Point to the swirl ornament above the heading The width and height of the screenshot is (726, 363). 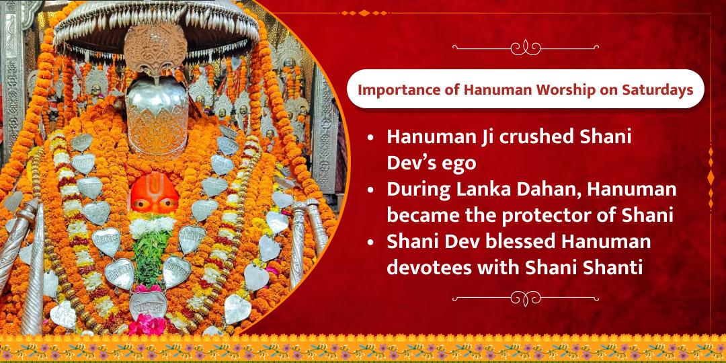coord(525,47)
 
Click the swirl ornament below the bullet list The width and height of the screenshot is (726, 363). coord(525,297)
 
